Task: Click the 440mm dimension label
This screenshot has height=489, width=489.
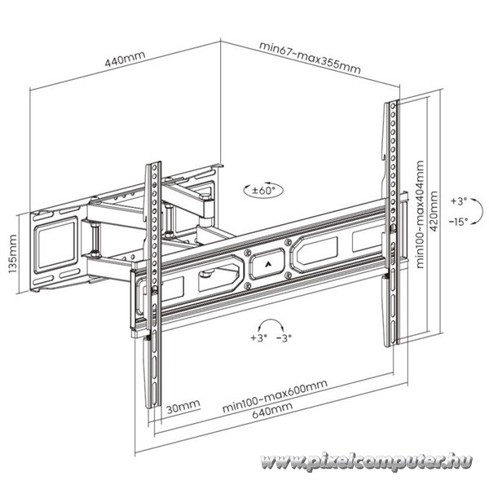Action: pyautogui.click(x=125, y=59)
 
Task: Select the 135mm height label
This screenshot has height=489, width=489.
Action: pyautogui.click(x=13, y=253)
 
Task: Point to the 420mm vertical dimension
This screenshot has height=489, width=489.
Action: pyautogui.click(x=434, y=211)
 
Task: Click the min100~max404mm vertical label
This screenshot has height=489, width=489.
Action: pyautogui.click(x=420, y=214)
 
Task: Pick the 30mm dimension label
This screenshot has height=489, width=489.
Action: pyautogui.click(x=183, y=407)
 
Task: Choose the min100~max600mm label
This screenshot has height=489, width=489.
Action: pyautogui.click(x=275, y=395)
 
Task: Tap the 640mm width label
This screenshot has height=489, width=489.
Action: pyautogui.click(x=272, y=410)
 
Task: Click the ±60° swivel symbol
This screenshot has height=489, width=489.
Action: pyautogui.click(x=263, y=190)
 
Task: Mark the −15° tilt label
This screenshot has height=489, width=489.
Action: pyautogui.click(x=458, y=222)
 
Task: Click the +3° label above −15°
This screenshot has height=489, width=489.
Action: pyautogui.click(x=459, y=201)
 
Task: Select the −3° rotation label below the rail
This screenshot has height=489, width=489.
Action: pyautogui.click(x=284, y=337)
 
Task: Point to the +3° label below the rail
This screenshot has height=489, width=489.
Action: pyautogui.click(x=259, y=337)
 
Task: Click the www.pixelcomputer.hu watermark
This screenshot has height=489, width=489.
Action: pyautogui.click(x=366, y=461)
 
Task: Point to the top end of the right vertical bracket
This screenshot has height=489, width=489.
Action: pyautogui.click(x=392, y=101)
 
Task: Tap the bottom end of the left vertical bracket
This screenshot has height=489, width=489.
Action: pyautogui.click(x=152, y=407)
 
